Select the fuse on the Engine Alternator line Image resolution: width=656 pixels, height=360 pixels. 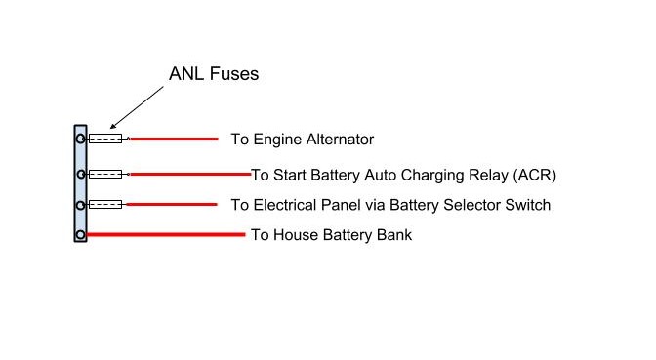(105, 140)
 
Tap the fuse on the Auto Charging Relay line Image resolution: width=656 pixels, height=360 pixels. (105, 175)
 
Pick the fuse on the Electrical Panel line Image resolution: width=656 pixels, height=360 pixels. (105, 205)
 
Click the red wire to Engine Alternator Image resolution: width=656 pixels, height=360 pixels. (174, 140)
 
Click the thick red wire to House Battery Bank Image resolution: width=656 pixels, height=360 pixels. (166, 235)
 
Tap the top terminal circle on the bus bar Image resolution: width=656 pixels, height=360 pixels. (80, 140)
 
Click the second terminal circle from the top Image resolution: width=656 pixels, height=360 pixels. (80, 175)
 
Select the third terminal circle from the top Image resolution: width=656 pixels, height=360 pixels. (80, 205)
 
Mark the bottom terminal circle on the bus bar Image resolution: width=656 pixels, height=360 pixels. (80, 235)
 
